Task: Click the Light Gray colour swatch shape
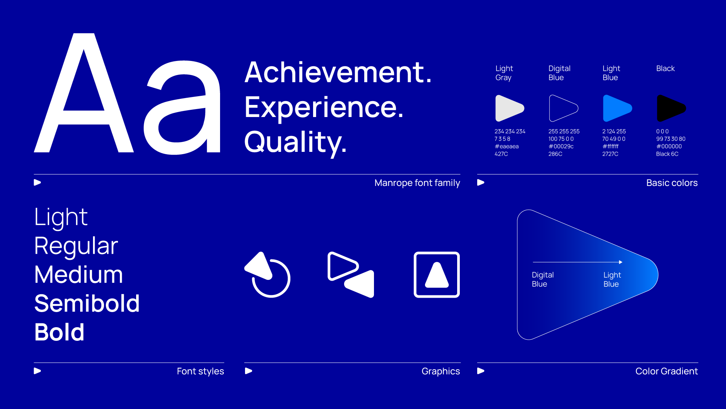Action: tap(509, 108)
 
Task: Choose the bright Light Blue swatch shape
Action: tap(617, 108)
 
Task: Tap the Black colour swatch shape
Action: tap(671, 108)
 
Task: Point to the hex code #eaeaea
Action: tap(507, 147)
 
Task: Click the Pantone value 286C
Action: tap(555, 154)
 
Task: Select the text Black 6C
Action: tap(667, 154)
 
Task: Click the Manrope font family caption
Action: tap(417, 183)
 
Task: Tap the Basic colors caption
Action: tap(672, 183)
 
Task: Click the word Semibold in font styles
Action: tap(87, 303)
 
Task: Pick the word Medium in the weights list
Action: tap(79, 275)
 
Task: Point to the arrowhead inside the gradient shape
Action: tap(621, 262)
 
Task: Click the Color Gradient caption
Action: tap(667, 371)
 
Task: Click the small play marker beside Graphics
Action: tap(248, 371)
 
